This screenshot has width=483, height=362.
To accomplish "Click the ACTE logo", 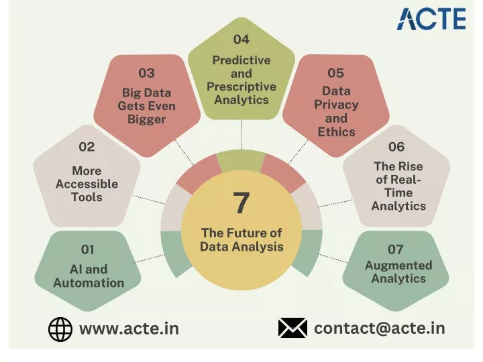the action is click(x=431, y=19).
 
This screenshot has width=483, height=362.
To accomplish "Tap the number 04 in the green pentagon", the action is click(x=241, y=40).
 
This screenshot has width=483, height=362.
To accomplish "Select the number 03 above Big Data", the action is click(x=147, y=73).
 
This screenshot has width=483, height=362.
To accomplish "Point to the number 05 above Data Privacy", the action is click(x=336, y=73).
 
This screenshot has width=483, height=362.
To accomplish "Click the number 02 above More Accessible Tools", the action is click(x=87, y=147).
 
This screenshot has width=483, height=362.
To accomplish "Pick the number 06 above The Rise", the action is click(x=396, y=147).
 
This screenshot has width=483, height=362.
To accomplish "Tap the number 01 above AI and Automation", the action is click(x=87, y=249).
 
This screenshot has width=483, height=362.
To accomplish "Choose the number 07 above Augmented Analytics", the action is click(x=396, y=249).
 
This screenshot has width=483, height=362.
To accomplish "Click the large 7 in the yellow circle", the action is click(x=241, y=202).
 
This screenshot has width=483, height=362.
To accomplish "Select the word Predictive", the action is click(x=241, y=60).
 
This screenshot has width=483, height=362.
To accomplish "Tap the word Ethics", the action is click(x=336, y=132).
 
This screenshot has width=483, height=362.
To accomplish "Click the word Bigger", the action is click(x=147, y=119).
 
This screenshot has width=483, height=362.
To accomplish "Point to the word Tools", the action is click(x=87, y=197).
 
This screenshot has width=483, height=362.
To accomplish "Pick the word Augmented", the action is click(x=398, y=265).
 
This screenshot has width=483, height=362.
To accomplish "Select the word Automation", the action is click(x=89, y=283).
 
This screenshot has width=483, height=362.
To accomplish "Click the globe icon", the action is click(x=60, y=329).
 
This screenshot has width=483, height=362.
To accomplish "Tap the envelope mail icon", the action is click(x=292, y=328).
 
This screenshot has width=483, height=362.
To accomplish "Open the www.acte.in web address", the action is click(x=129, y=328).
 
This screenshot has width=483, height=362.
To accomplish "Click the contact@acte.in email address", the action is click(x=380, y=328).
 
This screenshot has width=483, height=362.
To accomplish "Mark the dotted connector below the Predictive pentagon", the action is click(x=241, y=135).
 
